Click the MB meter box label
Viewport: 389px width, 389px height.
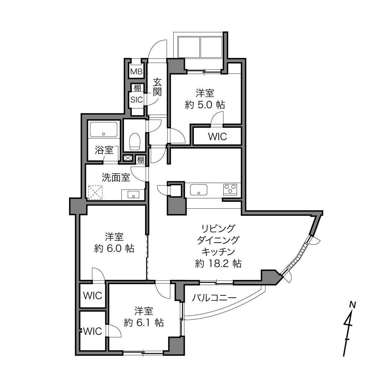(136, 71)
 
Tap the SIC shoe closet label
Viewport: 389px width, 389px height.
(137, 99)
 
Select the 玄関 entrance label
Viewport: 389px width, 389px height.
(157, 87)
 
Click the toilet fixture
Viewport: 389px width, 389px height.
(135, 141)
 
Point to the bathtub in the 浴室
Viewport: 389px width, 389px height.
(103, 129)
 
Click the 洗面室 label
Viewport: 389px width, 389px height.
(116, 177)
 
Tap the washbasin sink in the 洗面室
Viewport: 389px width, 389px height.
(133, 195)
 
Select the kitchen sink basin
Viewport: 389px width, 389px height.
(199, 190)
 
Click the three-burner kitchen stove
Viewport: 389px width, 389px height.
(230, 190)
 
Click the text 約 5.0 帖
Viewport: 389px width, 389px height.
(205, 105)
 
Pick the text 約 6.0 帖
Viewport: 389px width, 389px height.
(114, 249)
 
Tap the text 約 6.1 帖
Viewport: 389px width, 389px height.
(144, 323)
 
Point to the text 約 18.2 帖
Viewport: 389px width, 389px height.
(218, 263)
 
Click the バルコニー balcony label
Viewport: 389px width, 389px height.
(214, 298)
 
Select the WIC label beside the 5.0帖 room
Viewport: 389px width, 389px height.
(217, 137)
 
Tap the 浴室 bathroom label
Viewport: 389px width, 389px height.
(104, 150)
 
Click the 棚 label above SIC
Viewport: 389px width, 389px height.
(137, 88)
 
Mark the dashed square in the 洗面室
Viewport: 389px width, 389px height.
(95, 193)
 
